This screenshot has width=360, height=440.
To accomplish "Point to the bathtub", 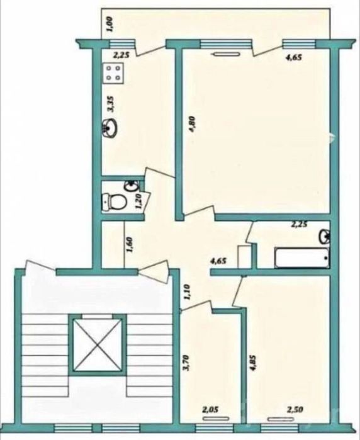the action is pyautogui.click(x=302, y=257).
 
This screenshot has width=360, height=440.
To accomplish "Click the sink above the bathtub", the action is pyautogui.click(x=324, y=237).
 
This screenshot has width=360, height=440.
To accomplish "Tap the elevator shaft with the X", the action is pyautogui.click(x=98, y=344).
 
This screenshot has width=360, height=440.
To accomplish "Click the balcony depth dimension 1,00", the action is pyautogui.click(x=110, y=25).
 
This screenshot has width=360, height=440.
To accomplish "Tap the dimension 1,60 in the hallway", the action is pyautogui.click(x=130, y=245).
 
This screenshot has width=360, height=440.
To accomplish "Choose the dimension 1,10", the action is pyautogui.click(x=188, y=293).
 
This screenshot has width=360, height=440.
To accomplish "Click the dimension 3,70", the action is pyautogui.click(x=187, y=363).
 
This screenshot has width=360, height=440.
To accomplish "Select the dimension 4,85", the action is pyautogui.click(x=254, y=364).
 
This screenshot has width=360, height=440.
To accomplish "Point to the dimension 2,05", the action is pyautogui.click(x=210, y=410).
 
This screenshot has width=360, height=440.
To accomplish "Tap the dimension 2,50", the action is pyautogui.click(x=295, y=410).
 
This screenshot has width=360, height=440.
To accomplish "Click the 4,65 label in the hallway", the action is pyautogui.click(x=218, y=261).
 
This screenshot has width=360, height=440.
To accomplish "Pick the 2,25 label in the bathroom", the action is pyautogui.click(x=299, y=224).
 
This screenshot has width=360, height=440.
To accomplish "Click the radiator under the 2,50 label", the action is pyautogui.click(x=281, y=419).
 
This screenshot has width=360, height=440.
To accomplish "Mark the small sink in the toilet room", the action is pyautogui.click(x=132, y=186).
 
